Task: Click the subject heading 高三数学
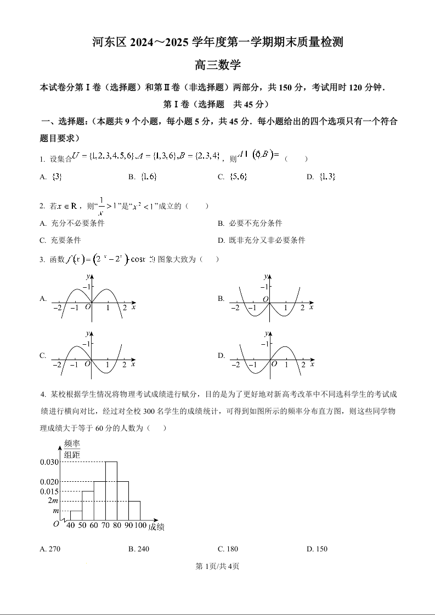tap(218, 65)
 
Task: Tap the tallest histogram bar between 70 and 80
tap(111, 491)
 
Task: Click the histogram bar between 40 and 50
tap(76, 515)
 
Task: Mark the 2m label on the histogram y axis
tap(53, 500)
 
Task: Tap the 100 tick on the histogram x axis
tap(140, 526)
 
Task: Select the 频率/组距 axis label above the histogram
tap(72, 448)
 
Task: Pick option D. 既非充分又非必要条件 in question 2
tap(262, 240)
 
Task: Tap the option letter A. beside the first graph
tap(43, 298)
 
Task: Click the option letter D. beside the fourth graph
tap(221, 355)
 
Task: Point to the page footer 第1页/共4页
tap(217, 566)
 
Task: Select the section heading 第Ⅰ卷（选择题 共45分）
tap(217, 104)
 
